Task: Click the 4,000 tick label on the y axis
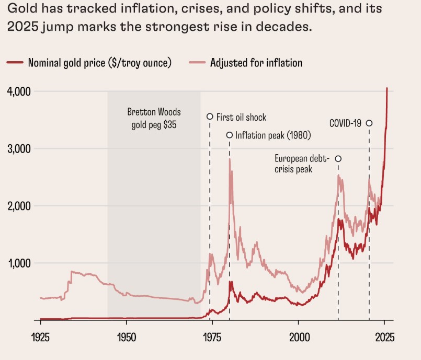tap(19, 91)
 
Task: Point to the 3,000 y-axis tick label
tap(19, 149)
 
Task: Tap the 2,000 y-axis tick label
tap(19, 206)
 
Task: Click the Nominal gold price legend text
tap(100, 63)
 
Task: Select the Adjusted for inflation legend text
tap(256, 63)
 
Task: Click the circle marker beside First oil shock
tap(210, 117)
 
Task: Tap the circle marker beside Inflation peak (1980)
tap(229, 135)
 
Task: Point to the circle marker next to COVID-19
tap(369, 123)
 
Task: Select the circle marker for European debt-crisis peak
tap(338, 159)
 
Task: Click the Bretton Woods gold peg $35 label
tap(153, 119)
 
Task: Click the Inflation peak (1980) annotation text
tap(273, 135)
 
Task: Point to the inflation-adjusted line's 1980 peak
tap(230, 159)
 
